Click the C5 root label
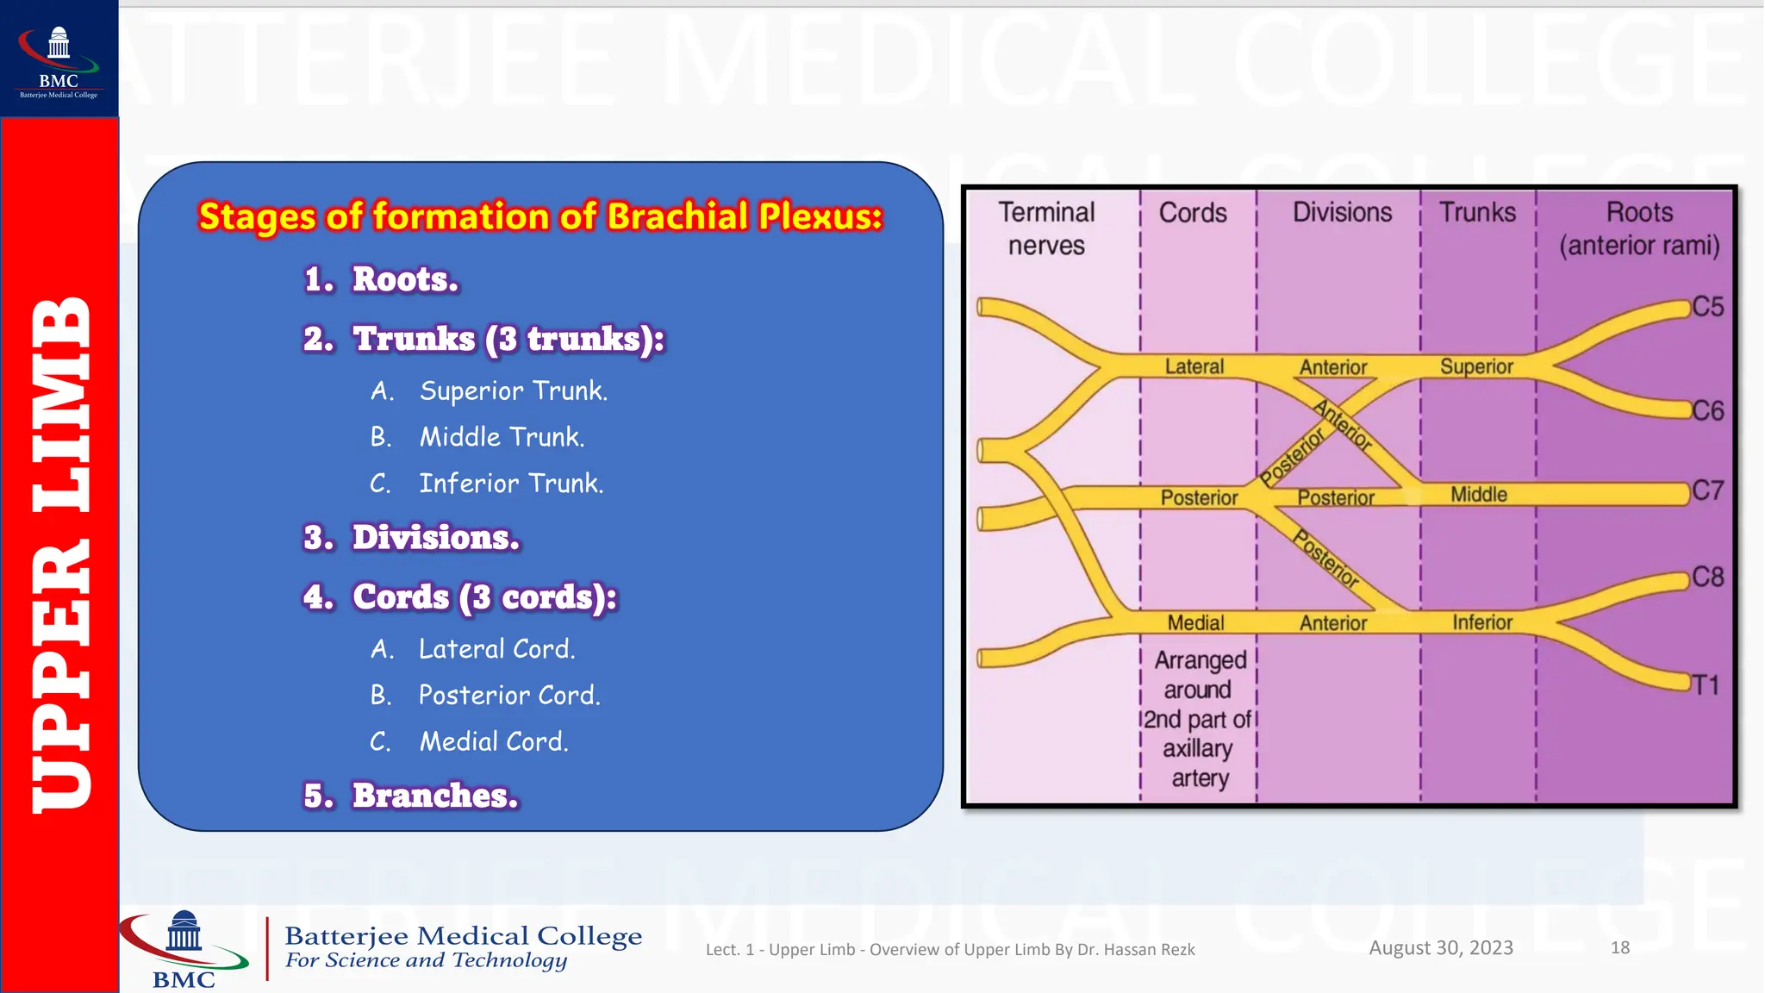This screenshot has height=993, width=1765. tap(1706, 307)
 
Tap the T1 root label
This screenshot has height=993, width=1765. tap(1704, 685)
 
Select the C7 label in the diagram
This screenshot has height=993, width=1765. tap(1707, 490)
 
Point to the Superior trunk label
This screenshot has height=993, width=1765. tap(1476, 366)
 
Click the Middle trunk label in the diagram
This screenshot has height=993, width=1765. tap(1478, 494)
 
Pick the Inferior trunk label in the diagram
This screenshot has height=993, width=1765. tap(1481, 622)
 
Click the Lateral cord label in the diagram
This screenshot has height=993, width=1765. tap(1194, 366)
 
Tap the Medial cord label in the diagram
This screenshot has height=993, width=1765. tap(1195, 622)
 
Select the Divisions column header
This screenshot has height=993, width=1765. tap(1342, 212)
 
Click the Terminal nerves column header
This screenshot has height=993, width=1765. tap(1046, 228)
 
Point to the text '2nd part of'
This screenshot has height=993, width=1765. tap(1197, 719)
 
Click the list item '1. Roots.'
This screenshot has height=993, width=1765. tap(382, 279)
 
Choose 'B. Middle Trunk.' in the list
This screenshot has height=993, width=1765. tap(478, 437)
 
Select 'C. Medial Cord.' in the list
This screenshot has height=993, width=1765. tap(470, 741)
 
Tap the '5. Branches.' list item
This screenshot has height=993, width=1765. tap(411, 795)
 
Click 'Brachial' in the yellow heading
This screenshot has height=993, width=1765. tap(677, 216)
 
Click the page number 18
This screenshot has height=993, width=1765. tap(1619, 947)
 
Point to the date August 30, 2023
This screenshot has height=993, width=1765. tap(1441, 947)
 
